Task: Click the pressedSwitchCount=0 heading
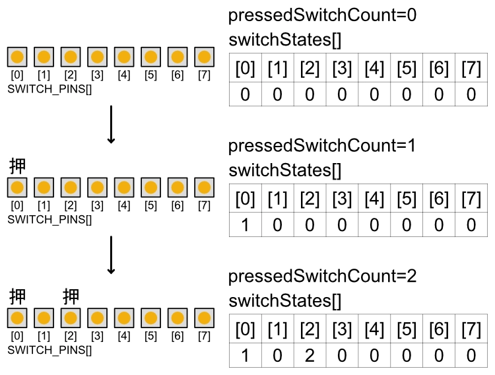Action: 323,15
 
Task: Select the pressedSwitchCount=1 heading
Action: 323,146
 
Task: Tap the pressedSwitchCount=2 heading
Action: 323,277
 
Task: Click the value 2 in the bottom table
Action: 310,356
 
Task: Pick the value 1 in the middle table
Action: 245,225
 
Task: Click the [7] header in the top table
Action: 471,69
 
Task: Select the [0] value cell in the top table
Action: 245,94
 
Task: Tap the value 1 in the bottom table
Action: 245,356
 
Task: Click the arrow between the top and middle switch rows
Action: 111,124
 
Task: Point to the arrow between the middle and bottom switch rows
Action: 111,255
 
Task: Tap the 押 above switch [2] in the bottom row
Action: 71,296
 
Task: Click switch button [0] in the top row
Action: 18,57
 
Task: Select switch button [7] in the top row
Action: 204,57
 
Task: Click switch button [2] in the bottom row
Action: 71,318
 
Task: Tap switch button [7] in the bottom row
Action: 204,318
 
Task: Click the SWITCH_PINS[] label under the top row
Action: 49,88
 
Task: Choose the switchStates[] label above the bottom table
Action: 285,302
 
